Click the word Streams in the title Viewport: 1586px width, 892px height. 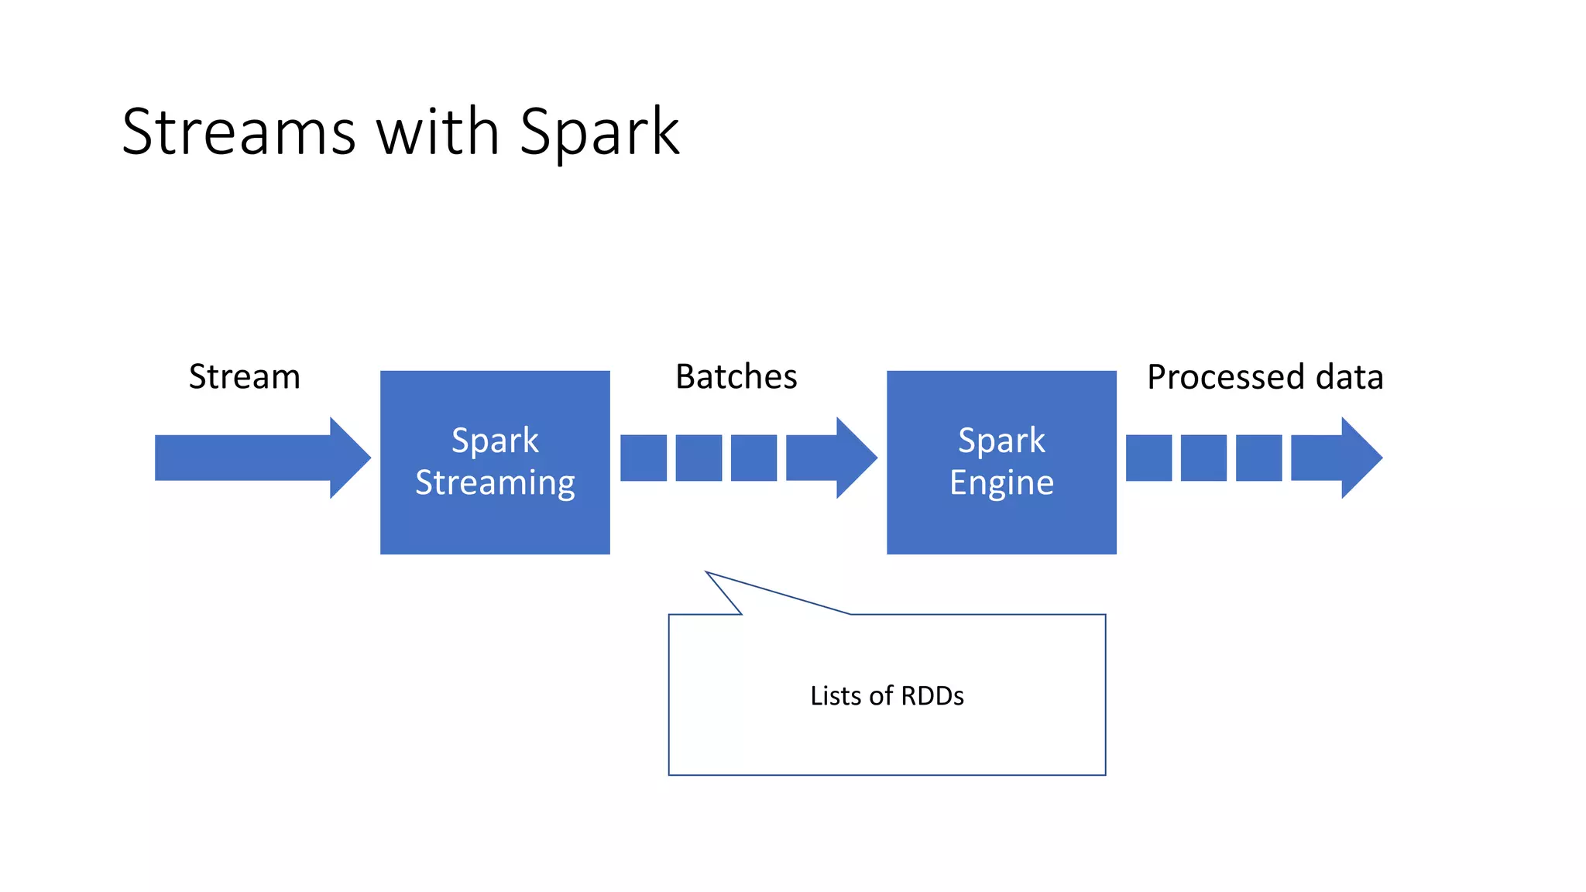(239, 132)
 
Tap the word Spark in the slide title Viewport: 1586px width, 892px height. (599, 132)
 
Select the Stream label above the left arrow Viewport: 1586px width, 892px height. (244, 377)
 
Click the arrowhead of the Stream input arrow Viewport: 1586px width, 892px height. (348, 458)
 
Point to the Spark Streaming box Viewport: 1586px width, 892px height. (495, 527)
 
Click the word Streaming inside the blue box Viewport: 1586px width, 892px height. (495, 483)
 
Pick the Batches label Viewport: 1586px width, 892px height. (736, 377)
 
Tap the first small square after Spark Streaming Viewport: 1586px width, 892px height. (643, 458)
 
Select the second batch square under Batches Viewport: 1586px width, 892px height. (699, 458)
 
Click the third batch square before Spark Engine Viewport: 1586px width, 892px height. (754, 458)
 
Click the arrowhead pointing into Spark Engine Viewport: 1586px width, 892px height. (855, 458)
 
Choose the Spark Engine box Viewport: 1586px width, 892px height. (1001, 527)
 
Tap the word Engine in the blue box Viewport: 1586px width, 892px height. (1001, 483)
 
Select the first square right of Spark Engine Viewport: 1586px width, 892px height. (1148, 458)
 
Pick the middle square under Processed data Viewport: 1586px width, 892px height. (1203, 458)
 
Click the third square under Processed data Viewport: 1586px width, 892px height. (1258, 458)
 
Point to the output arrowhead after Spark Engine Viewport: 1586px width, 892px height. (1360, 458)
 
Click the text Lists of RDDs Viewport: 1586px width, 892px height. (887, 695)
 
